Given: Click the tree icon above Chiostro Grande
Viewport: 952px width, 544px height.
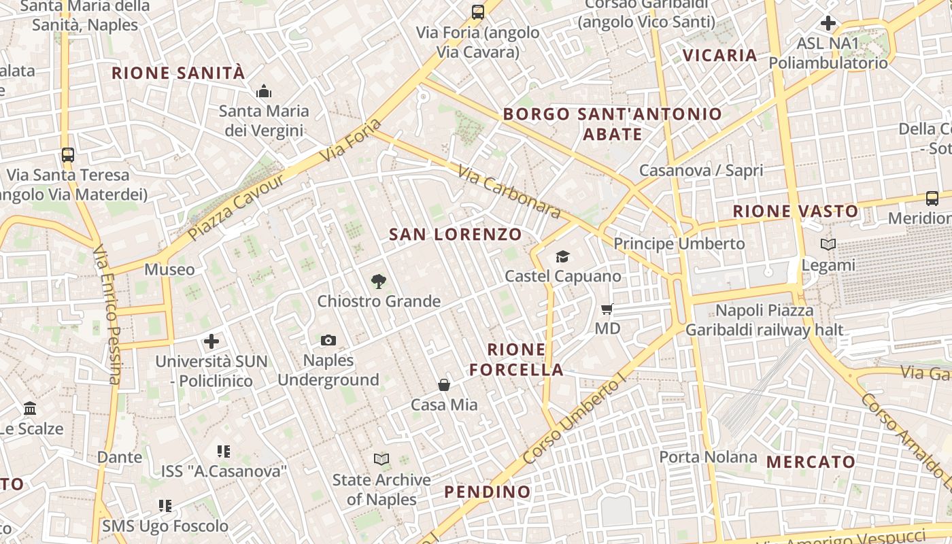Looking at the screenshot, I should (x=379, y=281).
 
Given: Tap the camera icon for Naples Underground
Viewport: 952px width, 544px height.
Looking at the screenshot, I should (x=328, y=340).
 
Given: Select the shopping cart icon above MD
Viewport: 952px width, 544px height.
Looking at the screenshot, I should (x=607, y=309).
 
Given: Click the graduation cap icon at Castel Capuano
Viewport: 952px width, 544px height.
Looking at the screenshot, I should (x=562, y=256).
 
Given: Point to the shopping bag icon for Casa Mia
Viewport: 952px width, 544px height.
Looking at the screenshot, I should (x=444, y=386).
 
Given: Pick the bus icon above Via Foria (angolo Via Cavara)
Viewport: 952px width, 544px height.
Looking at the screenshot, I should (x=478, y=12).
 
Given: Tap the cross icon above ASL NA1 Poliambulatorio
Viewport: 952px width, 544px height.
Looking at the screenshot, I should (x=828, y=23).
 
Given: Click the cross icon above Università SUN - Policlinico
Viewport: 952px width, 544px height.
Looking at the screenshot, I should (x=211, y=341).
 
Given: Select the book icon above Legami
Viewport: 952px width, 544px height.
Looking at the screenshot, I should (x=828, y=245).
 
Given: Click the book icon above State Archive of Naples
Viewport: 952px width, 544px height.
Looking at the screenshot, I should (x=381, y=460).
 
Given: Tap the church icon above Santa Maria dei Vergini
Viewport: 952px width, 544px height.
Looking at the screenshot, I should (x=263, y=91).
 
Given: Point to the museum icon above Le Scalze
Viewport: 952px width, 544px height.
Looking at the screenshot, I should (x=30, y=409).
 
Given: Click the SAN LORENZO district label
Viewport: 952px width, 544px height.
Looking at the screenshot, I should (x=456, y=235).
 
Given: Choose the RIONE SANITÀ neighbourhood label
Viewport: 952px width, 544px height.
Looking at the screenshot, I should (x=177, y=73).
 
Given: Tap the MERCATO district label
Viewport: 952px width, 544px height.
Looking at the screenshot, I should (x=811, y=462).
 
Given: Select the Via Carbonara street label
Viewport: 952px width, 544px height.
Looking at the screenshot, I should (x=509, y=192).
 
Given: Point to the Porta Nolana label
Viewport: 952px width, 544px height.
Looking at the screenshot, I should (x=708, y=457).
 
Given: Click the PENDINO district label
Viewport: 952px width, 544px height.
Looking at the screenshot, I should (x=487, y=492).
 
